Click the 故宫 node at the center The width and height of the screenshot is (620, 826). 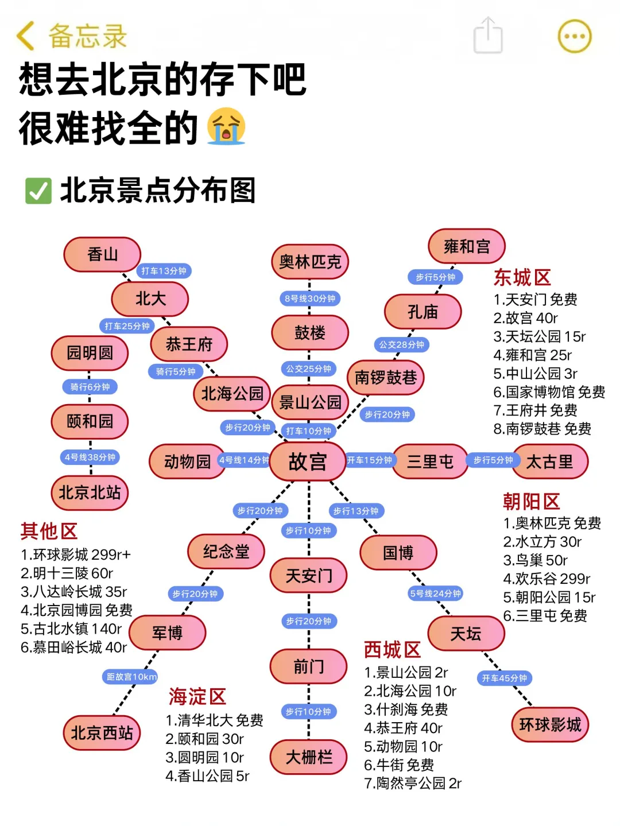pyautogui.click(x=308, y=461)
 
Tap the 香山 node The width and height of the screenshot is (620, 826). pyautogui.click(x=102, y=254)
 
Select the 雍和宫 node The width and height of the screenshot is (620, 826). pyautogui.click(x=467, y=246)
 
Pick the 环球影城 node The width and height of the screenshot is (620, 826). pyautogui.click(x=550, y=724)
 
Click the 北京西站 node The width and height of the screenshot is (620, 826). pyautogui.click(x=102, y=732)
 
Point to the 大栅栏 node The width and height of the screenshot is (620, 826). pyautogui.click(x=309, y=757)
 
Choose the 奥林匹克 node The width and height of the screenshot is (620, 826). pyautogui.click(x=310, y=262)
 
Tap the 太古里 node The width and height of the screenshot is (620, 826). pyautogui.click(x=549, y=462)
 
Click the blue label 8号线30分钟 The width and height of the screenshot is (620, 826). pyautogui.click(x=310, y=298)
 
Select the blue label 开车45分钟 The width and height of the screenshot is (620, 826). pyautogui.click(x=504, y=678)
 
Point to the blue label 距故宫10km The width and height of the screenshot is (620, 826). pyautogui.click(x=131, y=677)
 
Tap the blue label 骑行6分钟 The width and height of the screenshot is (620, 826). pyautogui.click(x=90, y=387)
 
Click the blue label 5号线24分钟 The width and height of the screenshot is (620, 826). pyautogui.click(x=435, y=594)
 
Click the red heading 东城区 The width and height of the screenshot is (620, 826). pyautogui.click(x=522, y=278)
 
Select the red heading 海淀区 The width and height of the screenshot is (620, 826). pyautogui.click(x=197, y=696)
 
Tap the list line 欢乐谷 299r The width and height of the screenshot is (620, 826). pyautogui.click(x=547, y=579)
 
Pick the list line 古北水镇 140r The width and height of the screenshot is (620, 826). pyautogui.click(x=71, y=629)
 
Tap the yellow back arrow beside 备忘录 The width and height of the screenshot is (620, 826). pyautogui.click(x=25, y=36)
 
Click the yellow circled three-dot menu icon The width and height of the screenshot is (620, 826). pyautogui.click(x=574, y=36)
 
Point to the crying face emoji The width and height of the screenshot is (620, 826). pyautogui.click(x=226, y=127)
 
